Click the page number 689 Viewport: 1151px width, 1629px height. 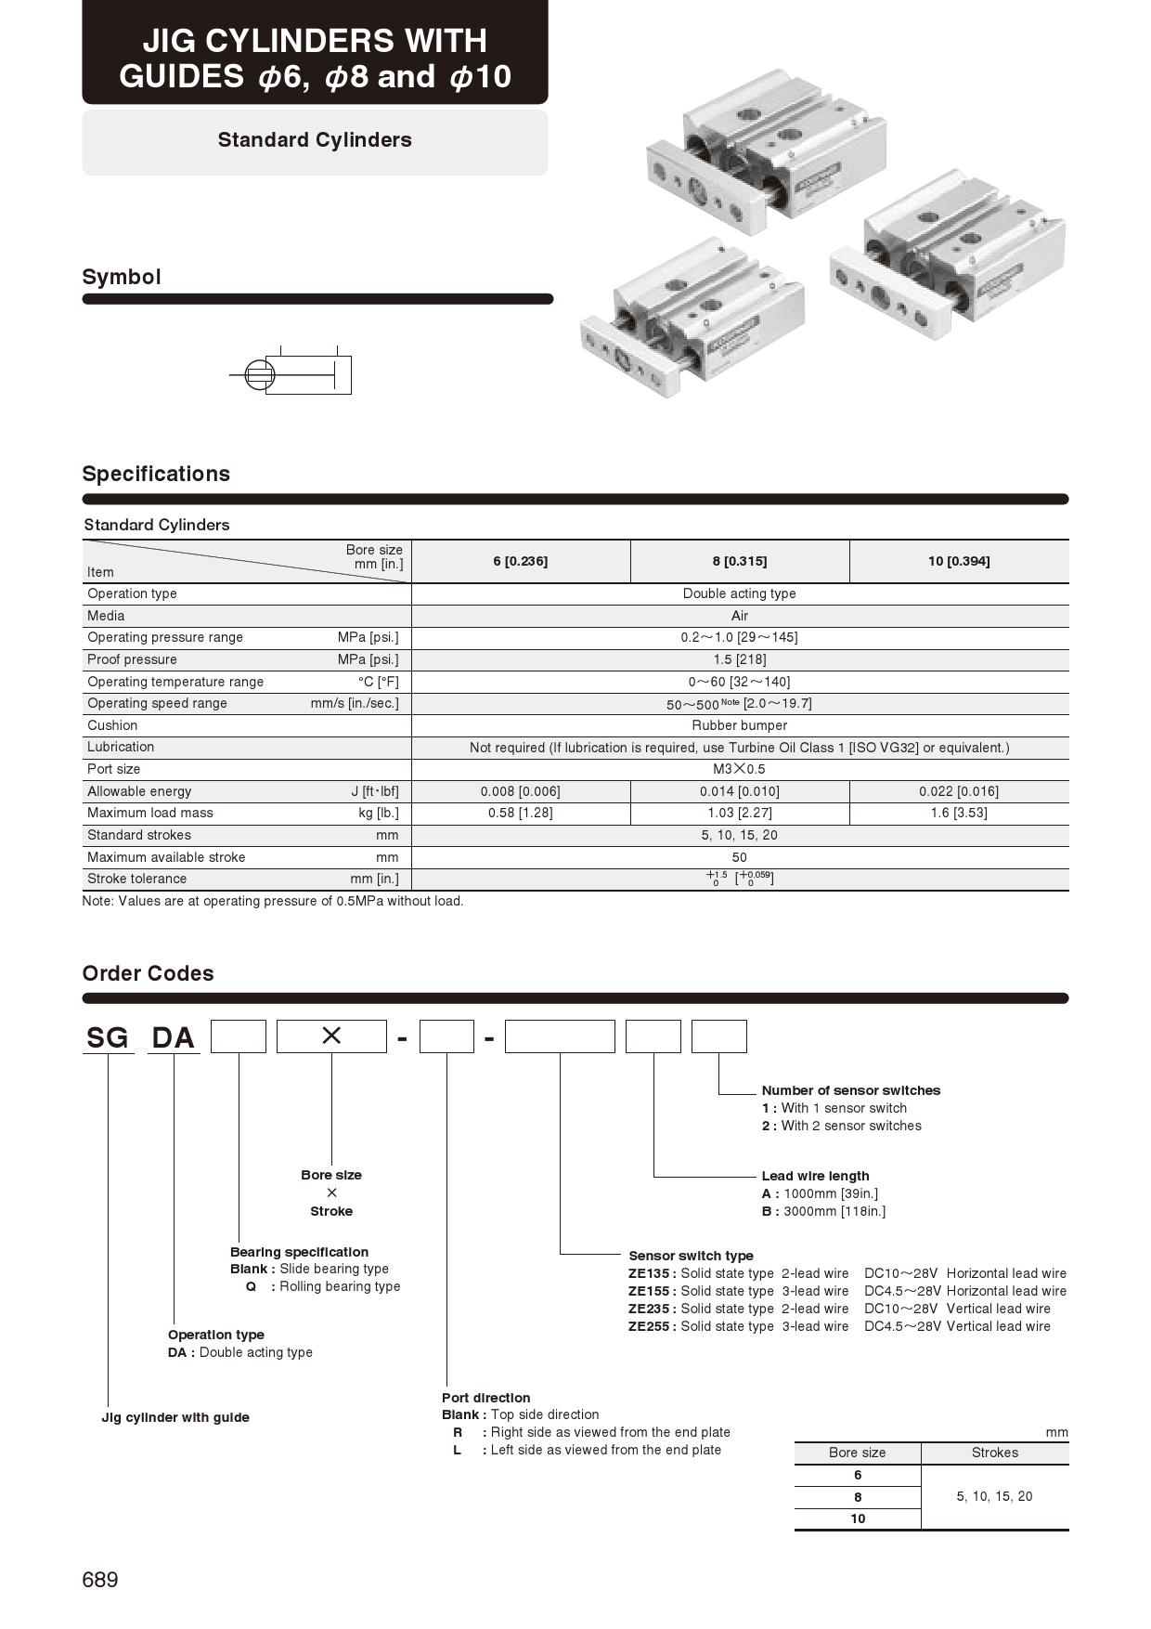tap(100, 1580)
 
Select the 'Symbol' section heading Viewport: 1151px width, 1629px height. tap(122, 277)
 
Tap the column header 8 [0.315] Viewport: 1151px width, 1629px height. tap(740, 561)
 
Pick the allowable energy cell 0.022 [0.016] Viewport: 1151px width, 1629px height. tap(959, 791)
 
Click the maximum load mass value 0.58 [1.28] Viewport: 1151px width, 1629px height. tap(521, 813)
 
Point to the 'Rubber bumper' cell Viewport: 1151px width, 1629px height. tap(740, 725)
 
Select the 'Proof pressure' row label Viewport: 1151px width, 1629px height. tap(132, 659)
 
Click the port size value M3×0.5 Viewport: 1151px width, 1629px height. tap(740, 769)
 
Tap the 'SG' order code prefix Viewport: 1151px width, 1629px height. tap(108, 1037)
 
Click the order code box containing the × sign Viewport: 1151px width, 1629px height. tap(331, 1036)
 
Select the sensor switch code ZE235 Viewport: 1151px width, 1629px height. tap(650, 1309)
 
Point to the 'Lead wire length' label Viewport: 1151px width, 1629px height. tap(815, 1176)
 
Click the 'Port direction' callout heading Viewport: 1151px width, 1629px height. tap(486, 1398)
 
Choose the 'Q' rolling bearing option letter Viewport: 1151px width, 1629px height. tap(251, 1286)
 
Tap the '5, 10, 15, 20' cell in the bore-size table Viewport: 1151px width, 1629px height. tap(994, 1496)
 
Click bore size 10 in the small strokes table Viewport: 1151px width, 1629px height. tap(858, 1518)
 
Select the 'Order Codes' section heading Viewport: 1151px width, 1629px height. tap(149, 973)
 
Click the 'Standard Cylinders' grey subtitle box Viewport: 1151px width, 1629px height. tap(315, 141)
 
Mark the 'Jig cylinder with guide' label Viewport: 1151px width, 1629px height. tap(175, 1417)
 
